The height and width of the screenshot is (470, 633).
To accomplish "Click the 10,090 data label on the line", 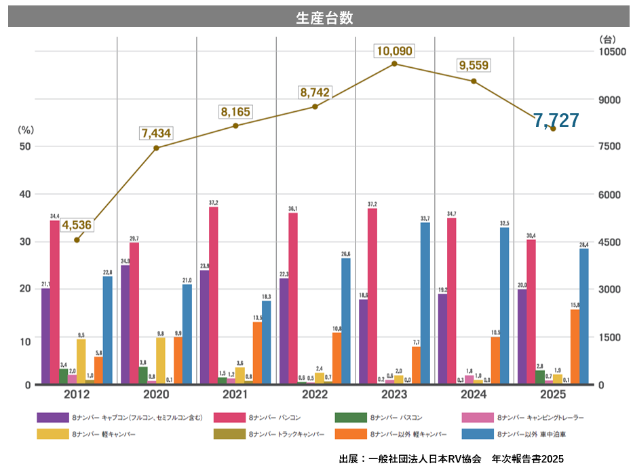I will [394, 51].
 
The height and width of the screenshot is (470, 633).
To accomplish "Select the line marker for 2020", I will [156, 148].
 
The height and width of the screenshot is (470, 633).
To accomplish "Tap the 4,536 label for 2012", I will [77, 225].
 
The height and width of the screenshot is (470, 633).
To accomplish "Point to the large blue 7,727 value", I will [556, 121].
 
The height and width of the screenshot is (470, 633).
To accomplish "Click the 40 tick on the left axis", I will [25, 195].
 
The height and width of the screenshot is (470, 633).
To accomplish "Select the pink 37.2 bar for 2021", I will [214, 295].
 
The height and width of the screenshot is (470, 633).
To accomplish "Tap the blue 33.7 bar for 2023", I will [425, 303].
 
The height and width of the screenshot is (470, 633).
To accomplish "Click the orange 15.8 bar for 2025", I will [575, 347].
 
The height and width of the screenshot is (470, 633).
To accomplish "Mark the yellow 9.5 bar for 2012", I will [81, 361].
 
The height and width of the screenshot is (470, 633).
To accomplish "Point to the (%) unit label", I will [25, 129].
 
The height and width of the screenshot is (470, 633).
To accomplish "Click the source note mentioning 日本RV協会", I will [450, 459].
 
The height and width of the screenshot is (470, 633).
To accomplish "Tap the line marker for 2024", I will [474, 81].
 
